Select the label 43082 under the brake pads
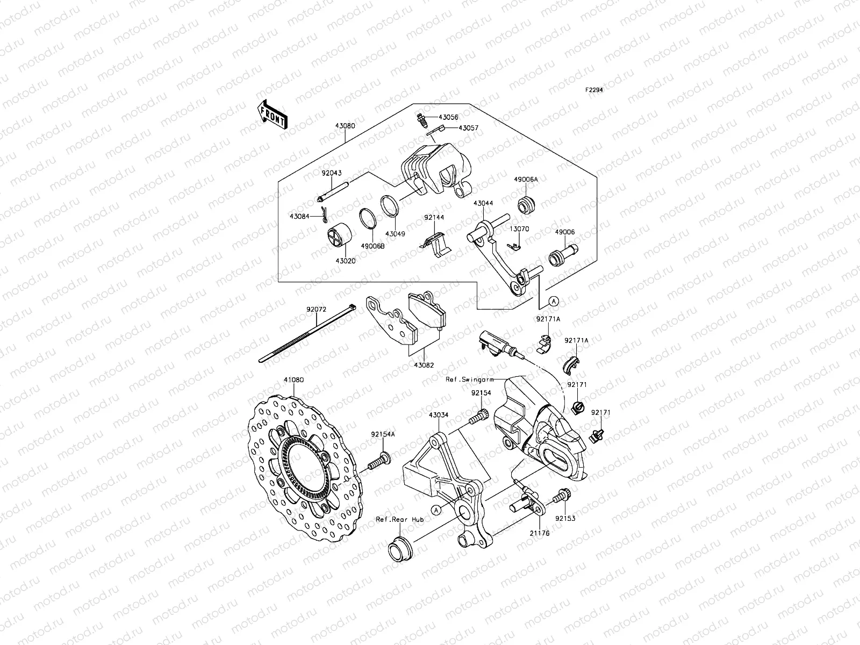coord(424,365)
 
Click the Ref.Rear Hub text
coord(399,520)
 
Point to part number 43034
coord(439,415)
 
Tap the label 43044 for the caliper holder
coord(483,204)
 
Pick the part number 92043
coord(332,174)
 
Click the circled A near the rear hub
coord(436,507)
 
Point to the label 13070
coord(519,228)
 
